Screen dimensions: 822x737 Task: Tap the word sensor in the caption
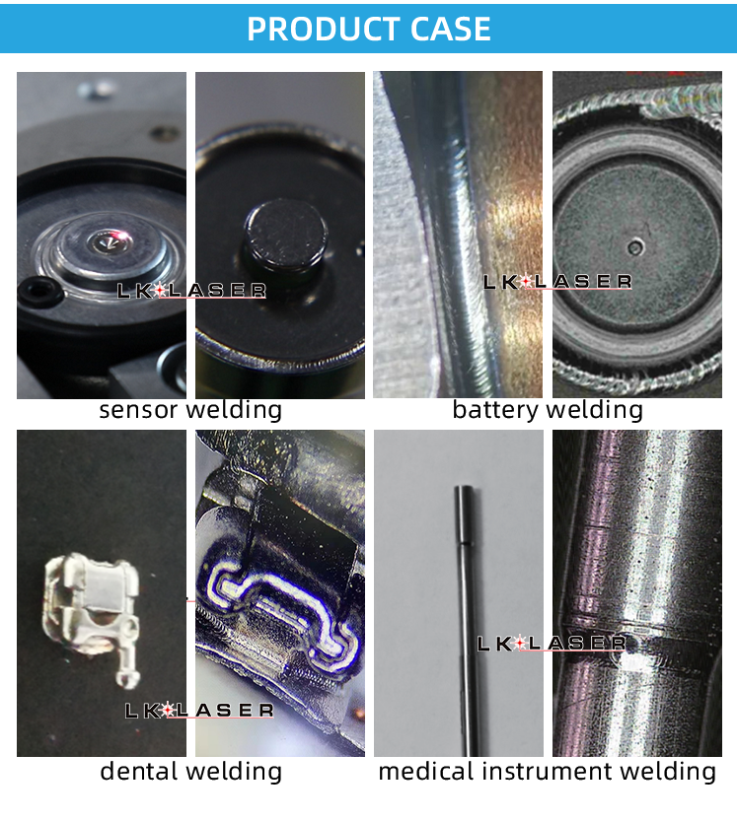click(x=140, y=410)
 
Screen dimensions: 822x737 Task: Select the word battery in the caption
click(x=495, y=410)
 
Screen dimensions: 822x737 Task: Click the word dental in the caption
click(x=140, y=771)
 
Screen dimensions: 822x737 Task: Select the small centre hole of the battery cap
click(x=635, y=246)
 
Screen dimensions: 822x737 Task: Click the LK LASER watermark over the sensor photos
click(x=191, y=291)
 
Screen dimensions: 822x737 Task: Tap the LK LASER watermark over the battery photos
click(x=557, y=282)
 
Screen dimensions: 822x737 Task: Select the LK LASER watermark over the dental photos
click(x=199, y=710)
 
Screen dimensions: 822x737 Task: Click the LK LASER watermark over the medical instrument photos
click(x=552, y=644)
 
